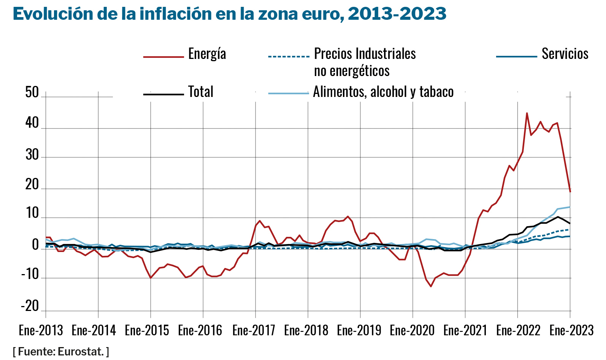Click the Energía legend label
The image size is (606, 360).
[207, 54]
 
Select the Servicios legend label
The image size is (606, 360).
[565, 54]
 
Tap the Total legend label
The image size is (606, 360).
[201, 92]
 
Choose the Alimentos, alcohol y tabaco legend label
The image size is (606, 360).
[383, 92]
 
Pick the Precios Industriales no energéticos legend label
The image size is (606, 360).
[365, 62]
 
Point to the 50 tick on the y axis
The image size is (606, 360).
[32, 92]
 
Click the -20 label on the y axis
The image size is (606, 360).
[30, 306]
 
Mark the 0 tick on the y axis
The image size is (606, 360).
[35, 246]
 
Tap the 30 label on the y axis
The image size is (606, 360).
[32, 155]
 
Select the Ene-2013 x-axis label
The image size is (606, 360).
[41, 330]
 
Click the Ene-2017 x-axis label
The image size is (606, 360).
[254, 330]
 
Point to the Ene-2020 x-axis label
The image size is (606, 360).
[412, 330]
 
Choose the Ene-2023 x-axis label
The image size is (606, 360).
[571, 330]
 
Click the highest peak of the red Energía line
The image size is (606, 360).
[527, 113]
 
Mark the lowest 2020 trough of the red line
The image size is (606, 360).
[431, 286]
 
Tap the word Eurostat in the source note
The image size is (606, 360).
[81, 352]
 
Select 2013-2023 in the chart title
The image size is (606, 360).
[397, 14]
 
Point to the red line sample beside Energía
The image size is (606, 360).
[163, 57]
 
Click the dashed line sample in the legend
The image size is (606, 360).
[289, 57]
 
